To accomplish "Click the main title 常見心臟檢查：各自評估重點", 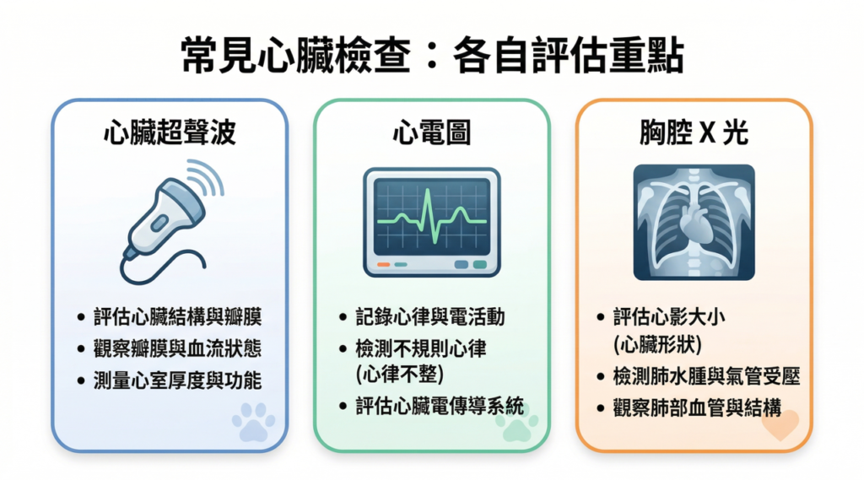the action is coord(432,56).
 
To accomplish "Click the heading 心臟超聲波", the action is coord(170,132).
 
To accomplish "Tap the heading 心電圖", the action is coord(431,132).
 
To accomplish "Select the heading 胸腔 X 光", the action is coord(694,132).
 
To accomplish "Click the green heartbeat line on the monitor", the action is coord(431,218).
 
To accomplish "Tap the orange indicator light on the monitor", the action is coord(384,265).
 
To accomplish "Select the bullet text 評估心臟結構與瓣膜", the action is coord(177,317).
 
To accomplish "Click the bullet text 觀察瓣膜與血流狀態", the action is coord(177,349).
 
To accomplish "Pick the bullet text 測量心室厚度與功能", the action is coord(177,380).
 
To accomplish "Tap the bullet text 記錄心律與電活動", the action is coord(430,317).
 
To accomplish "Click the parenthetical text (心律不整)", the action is coord(400,375).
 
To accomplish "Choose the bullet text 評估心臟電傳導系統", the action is coord(440,407).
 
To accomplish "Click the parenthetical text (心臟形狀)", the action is coord(658,345).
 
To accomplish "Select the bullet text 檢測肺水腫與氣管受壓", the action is coord(706,377).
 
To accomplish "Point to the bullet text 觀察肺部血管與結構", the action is coord(697,408).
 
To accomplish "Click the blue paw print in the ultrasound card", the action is coord(253,422).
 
